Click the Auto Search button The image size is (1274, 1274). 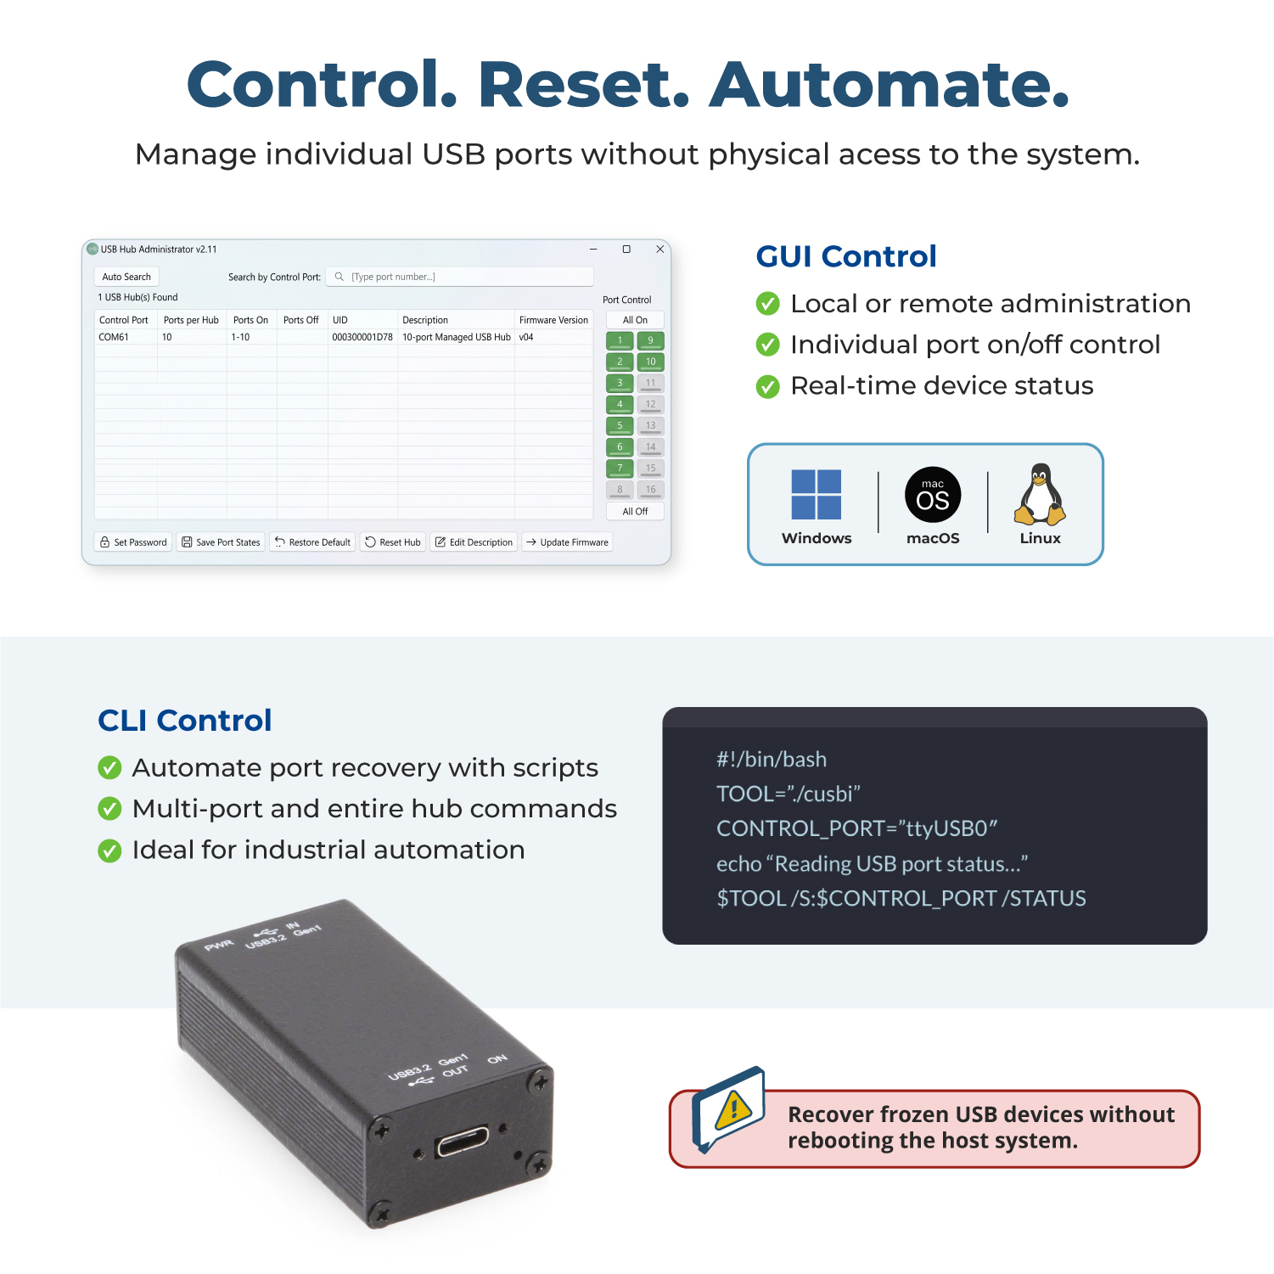[x=126, y=277]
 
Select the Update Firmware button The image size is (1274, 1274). [x=567, y=542]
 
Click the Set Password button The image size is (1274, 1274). [x=133, y=542]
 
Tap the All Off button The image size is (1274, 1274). [x=635, y=511]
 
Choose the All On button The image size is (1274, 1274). [x=635, y=320]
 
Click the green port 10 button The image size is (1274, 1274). [x=651, y=362]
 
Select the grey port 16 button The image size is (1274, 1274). [x=651, y=490]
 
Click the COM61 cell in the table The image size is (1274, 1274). [x=114, y=337]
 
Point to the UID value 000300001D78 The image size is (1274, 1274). [x=362, y=337]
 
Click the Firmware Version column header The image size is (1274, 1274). [x=553, y=320]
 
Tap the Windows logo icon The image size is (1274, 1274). [x=817, y=495]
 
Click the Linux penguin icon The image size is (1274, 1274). [x=1040, y=494]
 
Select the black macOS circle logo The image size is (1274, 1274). [x=933, y=495]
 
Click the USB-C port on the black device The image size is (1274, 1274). [x=463, y=1142]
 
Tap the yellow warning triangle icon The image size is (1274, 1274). [x=733, y=1109]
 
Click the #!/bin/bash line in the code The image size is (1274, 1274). [x=772, y=759]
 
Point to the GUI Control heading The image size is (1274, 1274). [x=846, y=256]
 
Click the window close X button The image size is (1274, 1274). [x=659, y=250]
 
